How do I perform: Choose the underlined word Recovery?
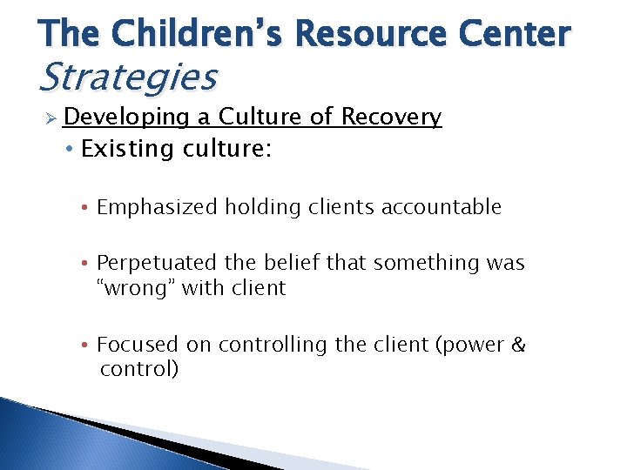391,117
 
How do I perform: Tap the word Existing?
128,149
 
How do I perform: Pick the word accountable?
443,207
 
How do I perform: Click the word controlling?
267,346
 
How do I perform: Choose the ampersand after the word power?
519,346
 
